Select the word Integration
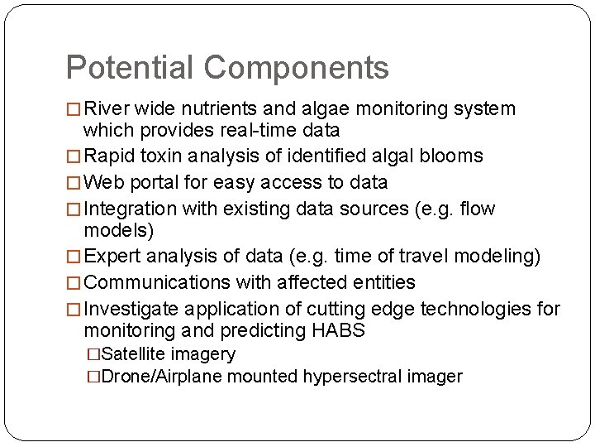click(130, 209)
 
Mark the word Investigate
click(131, 309)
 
